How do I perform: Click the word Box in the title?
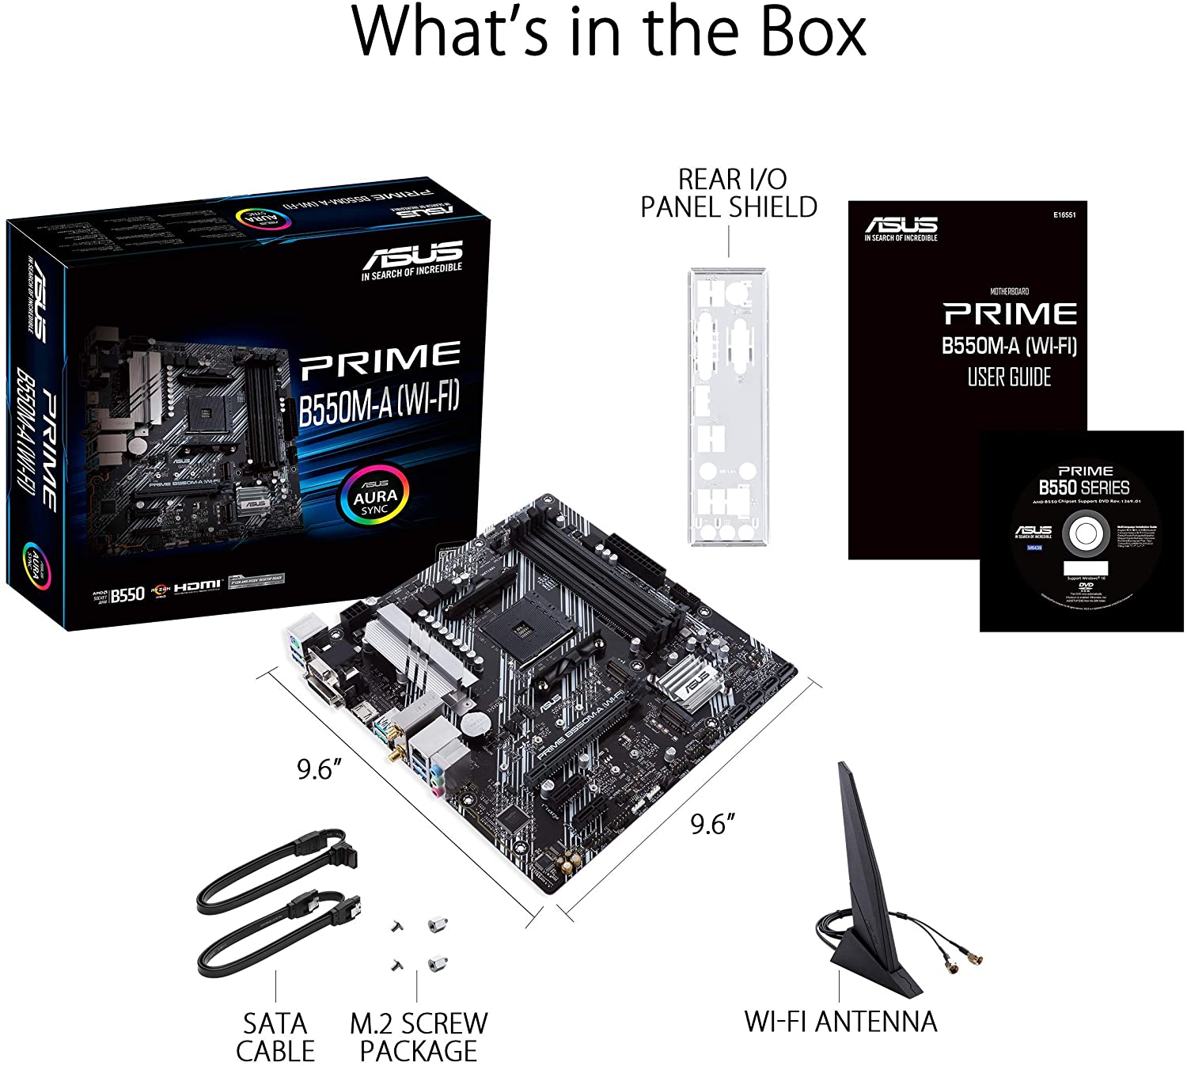(x=806, y=33)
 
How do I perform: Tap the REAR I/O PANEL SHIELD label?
(x=728, y=193)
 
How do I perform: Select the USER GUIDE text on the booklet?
(x=1009, y=377)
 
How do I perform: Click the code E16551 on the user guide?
(x=1064, y=214)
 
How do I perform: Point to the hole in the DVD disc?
(x=1084, y=534)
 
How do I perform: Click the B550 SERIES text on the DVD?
(x=1084, y=487)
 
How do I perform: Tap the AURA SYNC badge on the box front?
(x=375, y=497)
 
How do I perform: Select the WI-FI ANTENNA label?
(x=840, y=1021)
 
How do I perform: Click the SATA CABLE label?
(x=275, y=1037)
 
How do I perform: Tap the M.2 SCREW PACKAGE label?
(x=419, y=1037)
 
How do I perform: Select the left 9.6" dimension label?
(x=319, y=768)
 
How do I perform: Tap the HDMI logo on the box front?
(x=198, y=586)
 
